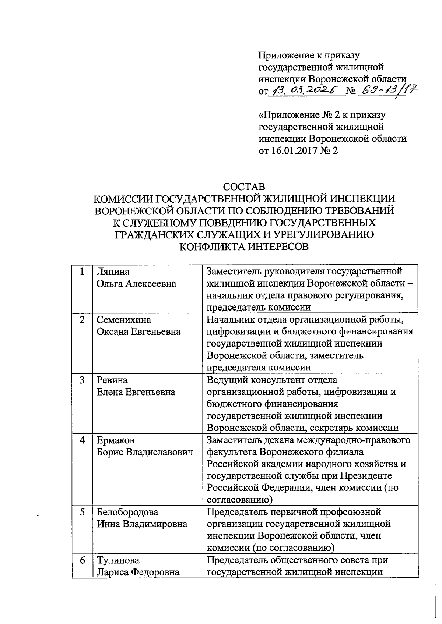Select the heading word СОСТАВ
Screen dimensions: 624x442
coord(244,187)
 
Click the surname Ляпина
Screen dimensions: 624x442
coord(113,272)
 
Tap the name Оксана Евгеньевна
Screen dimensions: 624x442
coord(138,331)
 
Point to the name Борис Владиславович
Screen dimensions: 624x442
coord(145,452)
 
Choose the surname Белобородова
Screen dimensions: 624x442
coord(127,512)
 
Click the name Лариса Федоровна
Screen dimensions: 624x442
coord(138,572)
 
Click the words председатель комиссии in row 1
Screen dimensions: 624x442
coord(259,307)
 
